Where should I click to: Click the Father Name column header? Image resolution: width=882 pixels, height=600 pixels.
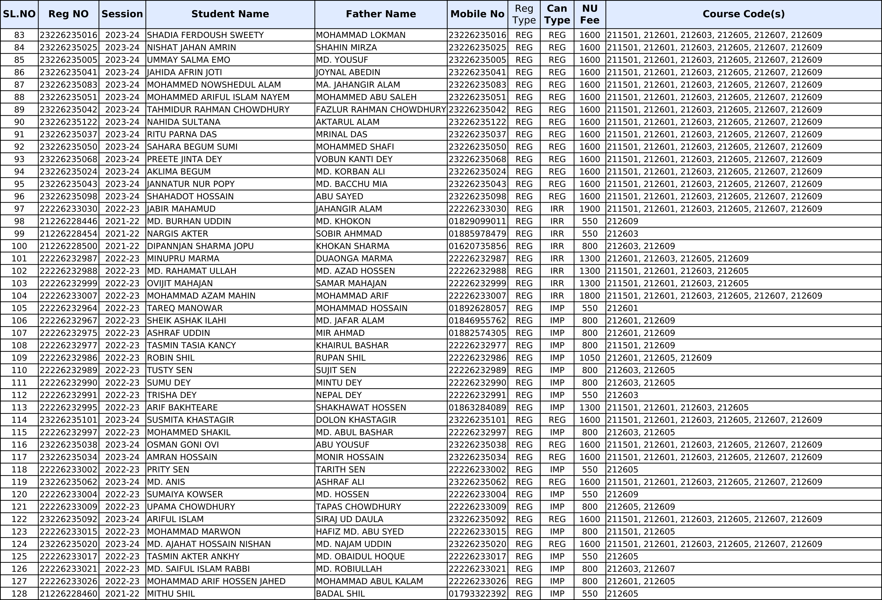pyautogui.click(x=381, y=14)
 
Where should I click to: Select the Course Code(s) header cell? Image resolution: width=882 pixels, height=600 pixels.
pyautogui.click(x=744, y=14)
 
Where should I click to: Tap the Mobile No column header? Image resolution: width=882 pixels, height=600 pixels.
pyautogui.click(x=477, y=14)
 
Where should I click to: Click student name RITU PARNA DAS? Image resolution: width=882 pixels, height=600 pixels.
pyautogui.click(x=182, y=134)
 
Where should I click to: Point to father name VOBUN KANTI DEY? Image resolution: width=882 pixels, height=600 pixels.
pyautogui.click(x=354, y=159)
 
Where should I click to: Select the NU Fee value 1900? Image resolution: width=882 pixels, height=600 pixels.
pyautogui.click(x=589, y=209)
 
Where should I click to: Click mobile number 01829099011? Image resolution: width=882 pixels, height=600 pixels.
pyautogui.click(x=477, y=221)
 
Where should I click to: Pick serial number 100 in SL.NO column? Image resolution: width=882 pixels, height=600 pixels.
pyautogui.click(x=19, y=246)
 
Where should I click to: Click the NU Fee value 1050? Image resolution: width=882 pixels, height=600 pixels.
pyautogui.click(x=589, y=358)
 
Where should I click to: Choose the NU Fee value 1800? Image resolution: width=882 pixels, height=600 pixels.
pyautogui.click(x=589, y=296)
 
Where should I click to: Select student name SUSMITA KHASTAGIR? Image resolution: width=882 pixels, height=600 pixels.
pyautogui.click(x=191, y=420)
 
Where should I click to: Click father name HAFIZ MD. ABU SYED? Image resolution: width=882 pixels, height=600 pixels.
pyautogui.click(x=360, y=531)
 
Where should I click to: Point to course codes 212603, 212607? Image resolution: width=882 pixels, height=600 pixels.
pyautogui.click(x=641, y=569)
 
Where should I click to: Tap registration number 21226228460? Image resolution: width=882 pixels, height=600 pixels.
pyautogui.click(x=69, y=594)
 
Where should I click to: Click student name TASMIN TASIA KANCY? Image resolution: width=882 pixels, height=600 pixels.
pyautogui.click(x=191, y=345)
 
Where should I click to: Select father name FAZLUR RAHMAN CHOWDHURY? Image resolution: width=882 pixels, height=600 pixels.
pyautogui.click(x=381, y=110)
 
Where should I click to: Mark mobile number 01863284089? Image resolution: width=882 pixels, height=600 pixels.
pyautogui.click(x=477, y=408)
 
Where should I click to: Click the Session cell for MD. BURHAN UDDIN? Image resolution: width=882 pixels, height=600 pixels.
pyautogui.click(x=122, y=221)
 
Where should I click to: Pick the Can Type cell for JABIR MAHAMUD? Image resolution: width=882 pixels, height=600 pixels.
pyautogui.click(x=557, y=209)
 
